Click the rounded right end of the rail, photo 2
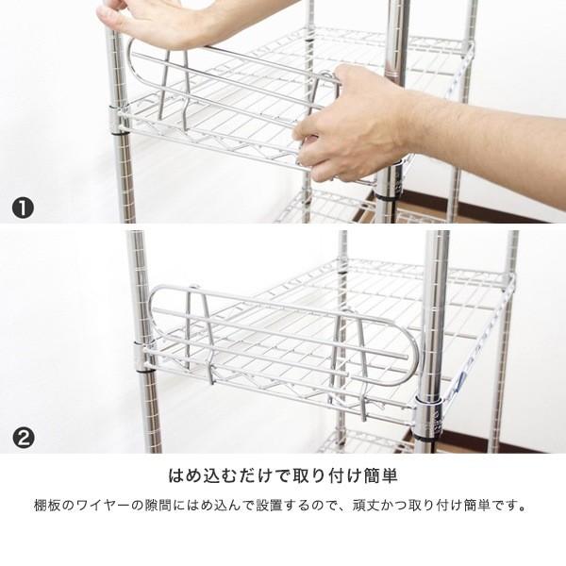point(400,349)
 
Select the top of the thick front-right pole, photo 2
point(436,241)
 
